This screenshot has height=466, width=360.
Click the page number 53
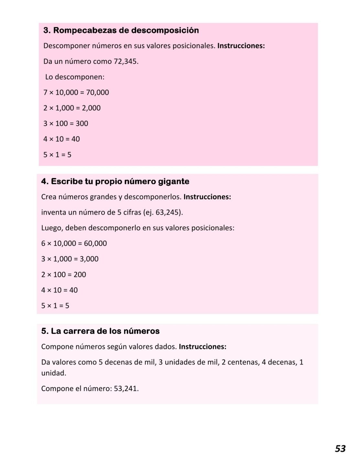coord(340,449)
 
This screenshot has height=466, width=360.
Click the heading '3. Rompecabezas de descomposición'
coord(121,30)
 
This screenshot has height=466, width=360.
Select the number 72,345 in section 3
coord(125,61)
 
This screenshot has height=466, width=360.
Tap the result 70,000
coord(97,93)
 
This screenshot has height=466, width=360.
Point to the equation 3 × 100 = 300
coord(66,124)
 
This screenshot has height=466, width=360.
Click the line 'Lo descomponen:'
coord(75,77)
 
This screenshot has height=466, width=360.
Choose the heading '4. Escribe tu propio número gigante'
coord(115,182)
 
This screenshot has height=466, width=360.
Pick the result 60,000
coord(95,244)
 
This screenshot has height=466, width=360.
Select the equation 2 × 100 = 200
coord(63,275)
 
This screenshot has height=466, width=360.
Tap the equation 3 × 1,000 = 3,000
coord(70,259)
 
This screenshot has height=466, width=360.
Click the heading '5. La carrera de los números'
coord(100,331)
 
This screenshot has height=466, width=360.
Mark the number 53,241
coord(126,389)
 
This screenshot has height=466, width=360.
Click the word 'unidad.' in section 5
coord(54,373)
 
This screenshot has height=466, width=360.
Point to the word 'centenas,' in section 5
coord(243,362)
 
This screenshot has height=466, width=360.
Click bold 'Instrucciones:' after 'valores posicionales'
coord(241,46)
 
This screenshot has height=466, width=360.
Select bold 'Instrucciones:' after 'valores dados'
coord(202,347)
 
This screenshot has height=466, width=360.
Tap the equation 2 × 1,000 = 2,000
coord(72,108)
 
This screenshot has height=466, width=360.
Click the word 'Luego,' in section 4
coord(52,228)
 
